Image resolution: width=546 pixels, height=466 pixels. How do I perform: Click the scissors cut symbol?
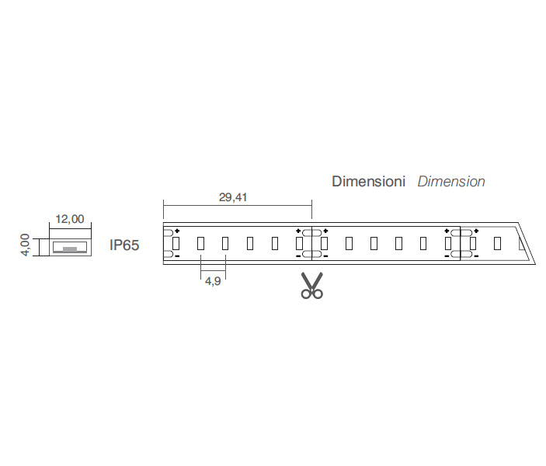click(312, 286)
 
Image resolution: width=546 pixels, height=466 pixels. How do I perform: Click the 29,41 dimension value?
click(233, 197)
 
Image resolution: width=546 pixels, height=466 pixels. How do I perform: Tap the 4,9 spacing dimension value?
click(213, 280)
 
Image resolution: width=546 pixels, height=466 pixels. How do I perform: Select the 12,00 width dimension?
click(70, 219)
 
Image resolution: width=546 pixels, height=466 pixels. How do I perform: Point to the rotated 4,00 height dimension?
click(26, 245)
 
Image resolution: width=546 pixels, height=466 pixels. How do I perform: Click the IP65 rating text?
click(124, 245)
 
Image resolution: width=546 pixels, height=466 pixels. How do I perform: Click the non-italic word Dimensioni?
click(368, 182)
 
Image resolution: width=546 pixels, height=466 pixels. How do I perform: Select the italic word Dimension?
click(451, 182)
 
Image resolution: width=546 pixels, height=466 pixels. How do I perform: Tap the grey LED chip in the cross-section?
click(70, 249)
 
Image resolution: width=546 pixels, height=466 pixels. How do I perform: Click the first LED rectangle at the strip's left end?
click(176, 243)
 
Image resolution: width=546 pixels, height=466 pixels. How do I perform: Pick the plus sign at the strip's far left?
click(177, 231)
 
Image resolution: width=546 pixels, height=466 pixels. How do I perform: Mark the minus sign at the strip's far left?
click(177, 256)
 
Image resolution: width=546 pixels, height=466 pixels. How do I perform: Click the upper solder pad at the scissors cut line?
click(312, 233)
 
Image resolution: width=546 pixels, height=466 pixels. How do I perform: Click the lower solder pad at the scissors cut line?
click(312, 254)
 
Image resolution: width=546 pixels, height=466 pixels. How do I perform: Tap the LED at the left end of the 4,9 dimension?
click(200, 243)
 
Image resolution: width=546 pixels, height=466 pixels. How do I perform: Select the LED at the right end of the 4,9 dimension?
click(225, 243)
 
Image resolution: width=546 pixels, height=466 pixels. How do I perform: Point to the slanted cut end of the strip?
click(527, 243)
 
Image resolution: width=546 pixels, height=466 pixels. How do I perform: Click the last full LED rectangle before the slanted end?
click(498, 243)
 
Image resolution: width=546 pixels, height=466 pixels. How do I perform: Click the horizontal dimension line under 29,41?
click(238, 206)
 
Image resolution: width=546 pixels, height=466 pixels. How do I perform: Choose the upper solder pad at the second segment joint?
click(461, 233)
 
